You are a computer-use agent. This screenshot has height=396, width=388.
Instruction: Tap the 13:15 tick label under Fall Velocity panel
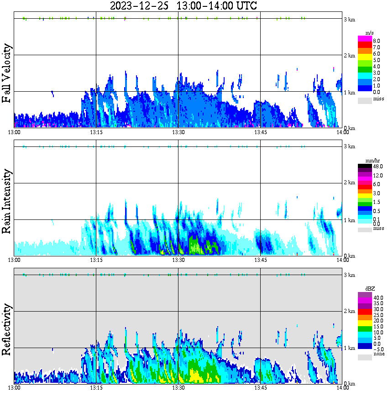(x=96, y=132)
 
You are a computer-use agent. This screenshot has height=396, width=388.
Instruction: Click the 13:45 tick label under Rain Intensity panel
(x=260, y=260)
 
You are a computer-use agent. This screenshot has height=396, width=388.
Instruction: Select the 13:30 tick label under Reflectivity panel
(x=178, y=388)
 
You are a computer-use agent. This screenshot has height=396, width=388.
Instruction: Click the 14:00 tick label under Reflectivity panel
(x=342, y=388)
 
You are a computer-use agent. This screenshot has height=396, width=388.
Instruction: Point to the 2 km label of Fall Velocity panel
(x=349, y=56)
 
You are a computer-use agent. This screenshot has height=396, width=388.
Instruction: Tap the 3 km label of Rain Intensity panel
(x=349, y=146)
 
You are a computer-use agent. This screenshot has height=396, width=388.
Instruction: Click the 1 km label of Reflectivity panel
(x=349, y=348)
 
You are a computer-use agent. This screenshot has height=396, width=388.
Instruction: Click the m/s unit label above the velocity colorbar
(x=369, y=33)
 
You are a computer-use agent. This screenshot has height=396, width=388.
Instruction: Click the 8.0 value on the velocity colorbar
(x=376, y=41)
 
